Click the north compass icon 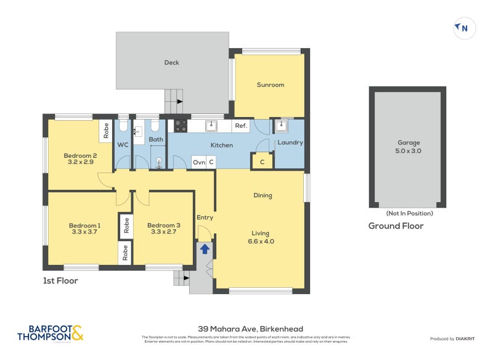pos(465,28)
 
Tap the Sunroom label pos(271,84)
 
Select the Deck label pos(171,62)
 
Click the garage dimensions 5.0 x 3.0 pos(409,150)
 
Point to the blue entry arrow pos(204,248)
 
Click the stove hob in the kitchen pos(181,126)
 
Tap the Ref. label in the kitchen pos(241,126)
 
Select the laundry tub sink pos(280,126)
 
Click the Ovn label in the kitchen pos(198,162)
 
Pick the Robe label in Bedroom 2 pos(106,131)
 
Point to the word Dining pos(263,195)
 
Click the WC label pos(123,145)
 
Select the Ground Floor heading pos(396,226)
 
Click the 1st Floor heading pos(60,280)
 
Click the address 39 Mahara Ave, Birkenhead pos(250,329)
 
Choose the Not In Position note pos(409,213)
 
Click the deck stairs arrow pos(180,101)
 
